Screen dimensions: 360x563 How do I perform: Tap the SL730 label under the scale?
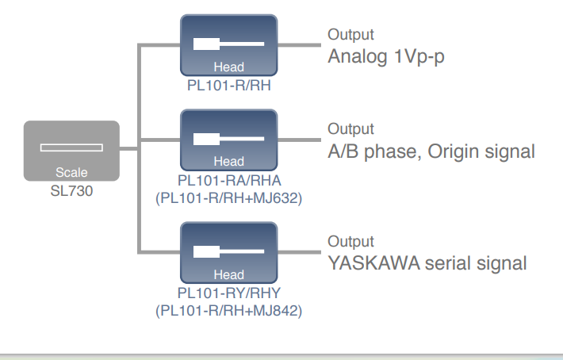point(71,190)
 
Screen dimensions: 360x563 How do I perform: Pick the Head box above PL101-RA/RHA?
point(228,140)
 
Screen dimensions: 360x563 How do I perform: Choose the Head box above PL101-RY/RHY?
point(228,253)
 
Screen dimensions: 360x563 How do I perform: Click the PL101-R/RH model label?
point(228,85)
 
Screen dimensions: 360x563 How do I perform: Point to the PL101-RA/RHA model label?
point(228,181)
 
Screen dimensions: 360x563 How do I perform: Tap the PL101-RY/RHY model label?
point(228,293)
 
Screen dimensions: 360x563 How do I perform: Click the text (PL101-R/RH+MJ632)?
point(228,197)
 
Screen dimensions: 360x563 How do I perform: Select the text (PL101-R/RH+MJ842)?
point(228,309)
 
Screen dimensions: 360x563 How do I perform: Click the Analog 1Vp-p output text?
point(386,57)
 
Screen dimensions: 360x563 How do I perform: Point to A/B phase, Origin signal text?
point(431,151)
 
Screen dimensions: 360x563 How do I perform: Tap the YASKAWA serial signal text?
point(427,263)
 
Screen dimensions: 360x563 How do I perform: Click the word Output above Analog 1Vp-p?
point(350,35)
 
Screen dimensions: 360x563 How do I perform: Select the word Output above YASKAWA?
point(350,242)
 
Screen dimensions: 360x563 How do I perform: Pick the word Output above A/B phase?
point(350,128)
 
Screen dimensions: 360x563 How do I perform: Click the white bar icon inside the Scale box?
point(71,147)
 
